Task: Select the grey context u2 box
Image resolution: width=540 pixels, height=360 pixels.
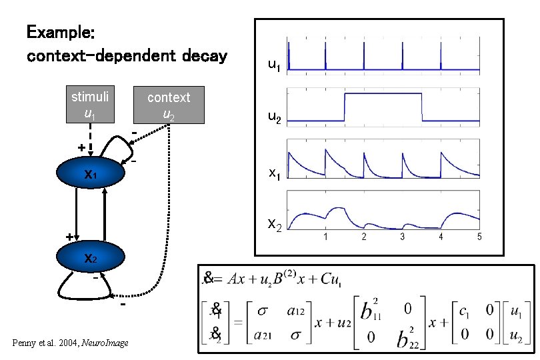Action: click(168, 105)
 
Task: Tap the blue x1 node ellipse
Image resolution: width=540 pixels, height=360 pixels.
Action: click(90, 175)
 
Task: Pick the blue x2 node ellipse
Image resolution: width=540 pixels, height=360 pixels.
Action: click(90, 258)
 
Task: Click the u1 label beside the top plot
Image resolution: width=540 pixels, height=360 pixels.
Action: click(274, 65)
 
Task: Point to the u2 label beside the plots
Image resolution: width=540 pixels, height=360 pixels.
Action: click(274, 117)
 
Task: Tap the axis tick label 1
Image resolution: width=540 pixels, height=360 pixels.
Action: click(325, 237)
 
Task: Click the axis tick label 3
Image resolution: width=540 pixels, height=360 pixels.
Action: click(402, 237)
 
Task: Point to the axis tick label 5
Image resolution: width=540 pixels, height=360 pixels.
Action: click(479, 237)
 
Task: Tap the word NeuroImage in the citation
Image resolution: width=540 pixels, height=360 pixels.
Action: click(105, 343)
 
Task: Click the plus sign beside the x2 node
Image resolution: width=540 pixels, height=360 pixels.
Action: click(69, 236)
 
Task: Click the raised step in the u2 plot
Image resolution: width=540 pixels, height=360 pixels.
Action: click(383, 95)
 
